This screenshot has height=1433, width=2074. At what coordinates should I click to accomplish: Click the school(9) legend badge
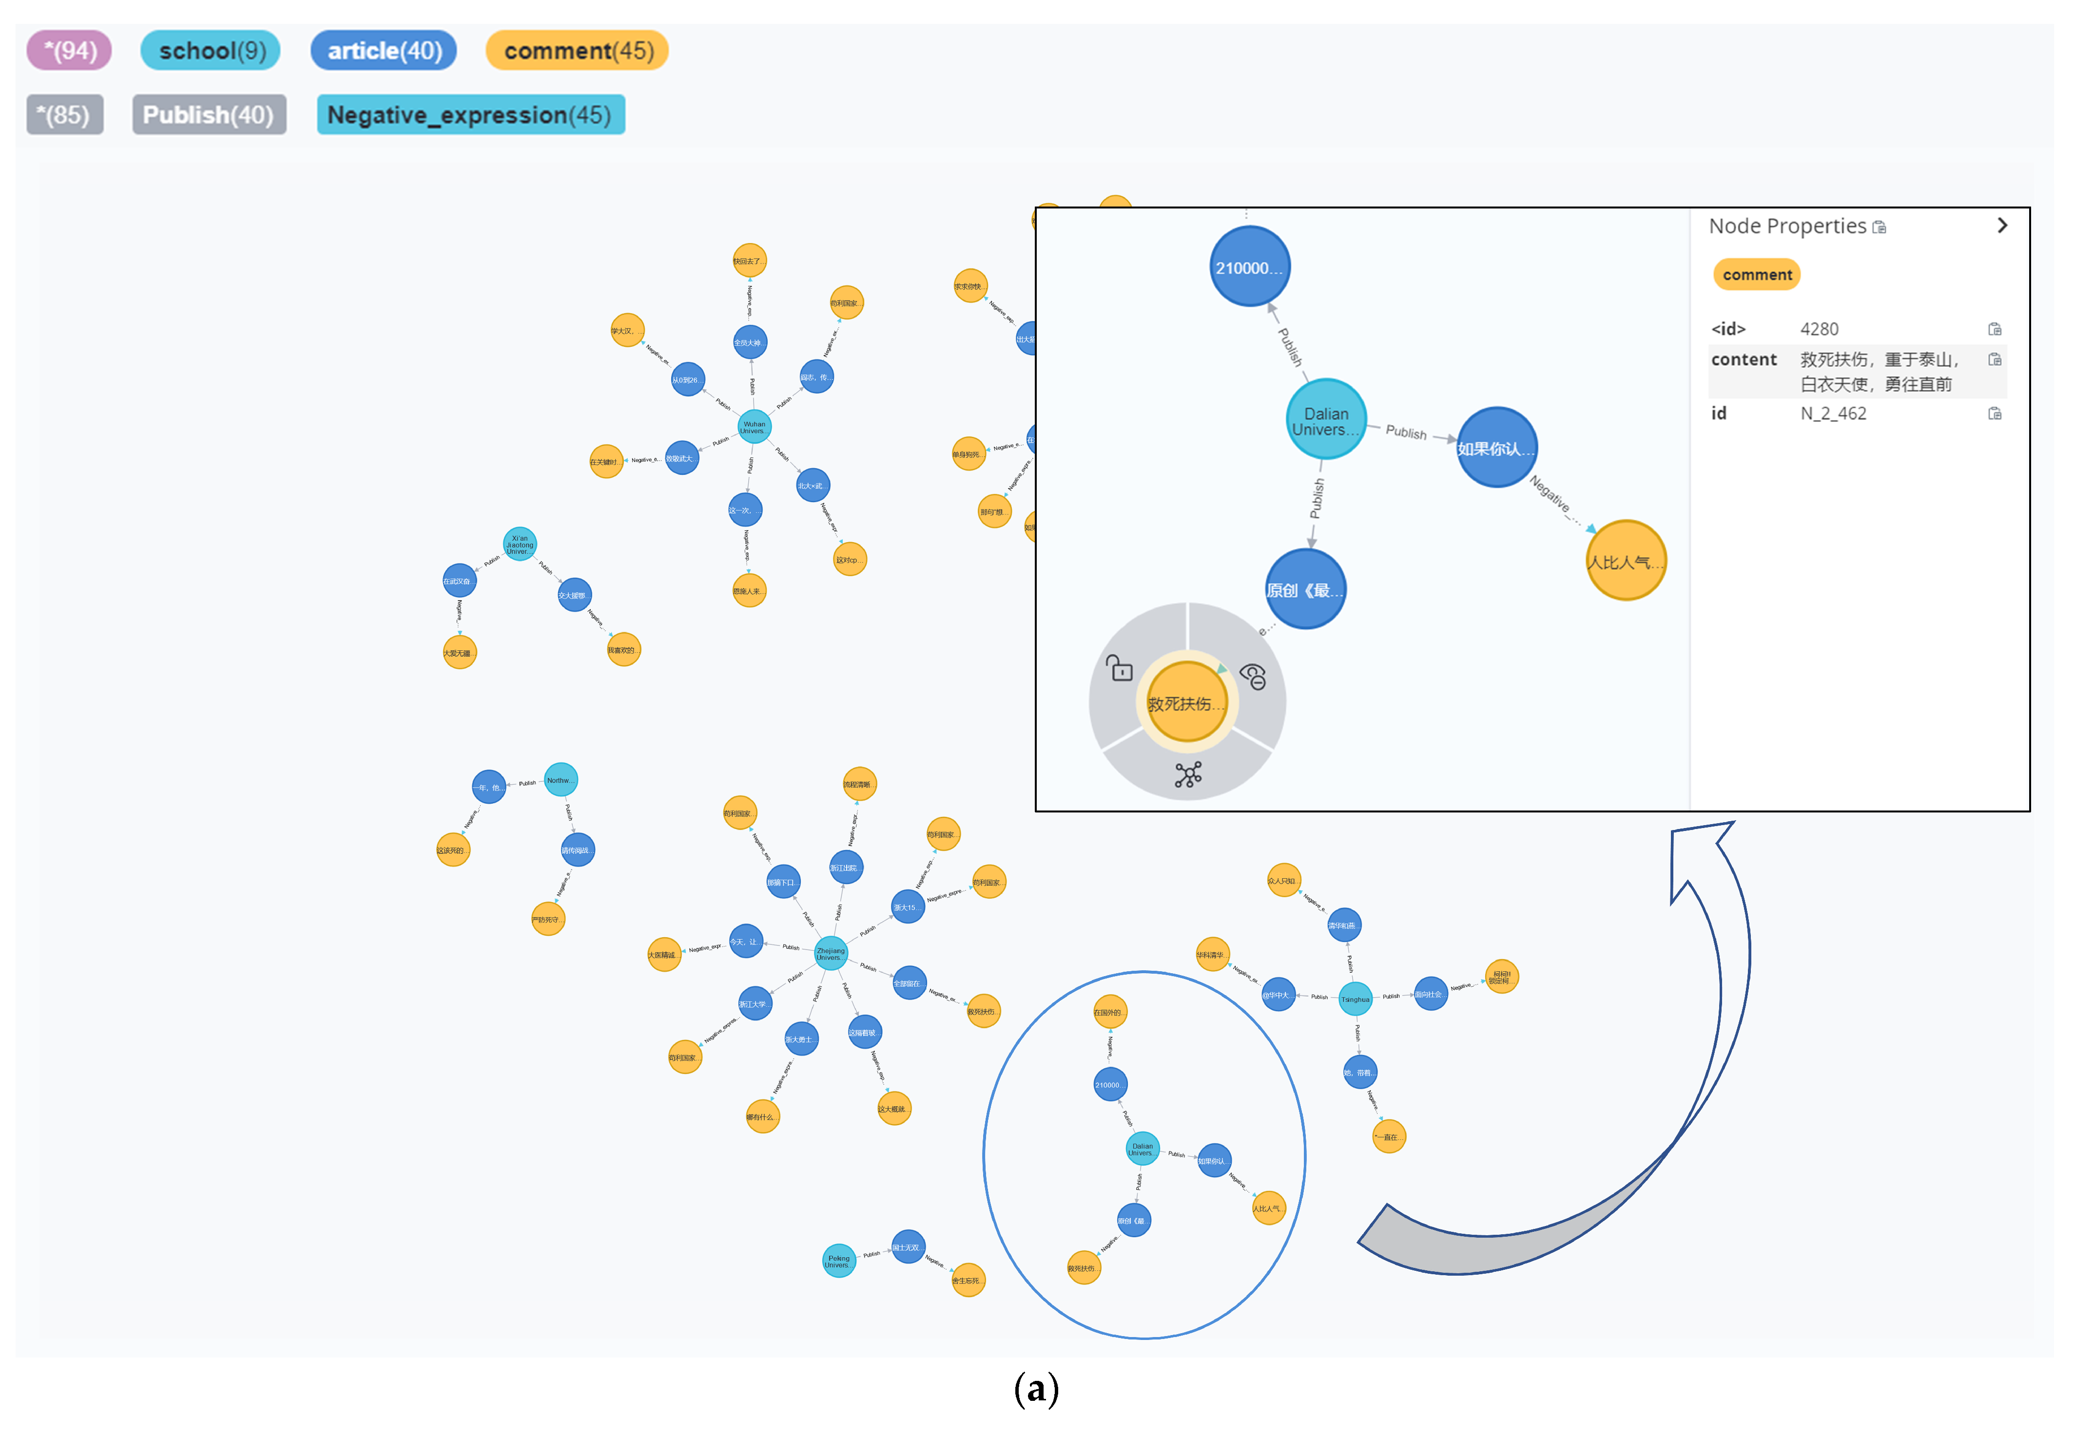pos(210,50)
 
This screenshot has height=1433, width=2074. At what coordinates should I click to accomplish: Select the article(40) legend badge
pos(384,50)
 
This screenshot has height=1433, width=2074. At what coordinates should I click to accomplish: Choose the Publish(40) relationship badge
pos(209,115)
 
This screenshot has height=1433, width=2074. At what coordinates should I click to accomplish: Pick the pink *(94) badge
pos(69,50)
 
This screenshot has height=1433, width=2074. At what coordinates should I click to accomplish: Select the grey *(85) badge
pos(65,115)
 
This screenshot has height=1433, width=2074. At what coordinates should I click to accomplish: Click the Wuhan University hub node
pos(754,427)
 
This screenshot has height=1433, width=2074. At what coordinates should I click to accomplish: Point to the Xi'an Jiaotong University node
pos(519,544)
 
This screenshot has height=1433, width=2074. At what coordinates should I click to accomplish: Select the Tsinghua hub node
pos(1355,999)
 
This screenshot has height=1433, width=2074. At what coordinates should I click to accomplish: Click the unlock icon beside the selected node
pos(1119,668)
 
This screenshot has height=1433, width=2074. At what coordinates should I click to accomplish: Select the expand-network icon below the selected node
pos(1187,774)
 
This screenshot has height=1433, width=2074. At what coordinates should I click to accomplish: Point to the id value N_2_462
pos(1832,413)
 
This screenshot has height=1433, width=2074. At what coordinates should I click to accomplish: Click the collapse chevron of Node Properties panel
pos(2001,226)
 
